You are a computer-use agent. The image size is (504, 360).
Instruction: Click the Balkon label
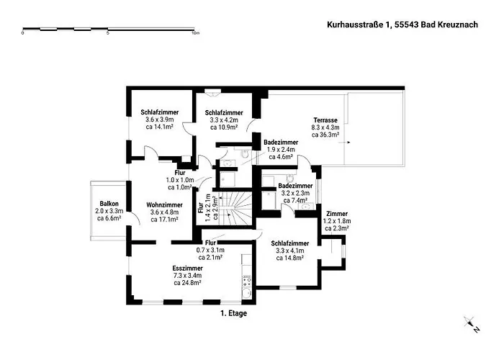109,203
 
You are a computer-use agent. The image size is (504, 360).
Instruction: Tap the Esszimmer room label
186,267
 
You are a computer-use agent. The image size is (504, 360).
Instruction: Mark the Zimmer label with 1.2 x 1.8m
336,214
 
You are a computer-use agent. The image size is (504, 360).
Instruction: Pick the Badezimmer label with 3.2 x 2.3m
294,186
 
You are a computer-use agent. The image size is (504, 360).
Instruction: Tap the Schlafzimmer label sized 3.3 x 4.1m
290,243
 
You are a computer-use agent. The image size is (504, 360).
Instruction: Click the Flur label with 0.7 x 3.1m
212,243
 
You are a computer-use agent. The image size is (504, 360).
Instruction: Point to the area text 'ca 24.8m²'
186,283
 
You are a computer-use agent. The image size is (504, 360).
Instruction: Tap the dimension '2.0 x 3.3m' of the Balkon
109,211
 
